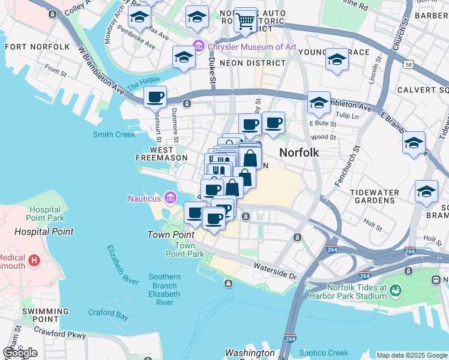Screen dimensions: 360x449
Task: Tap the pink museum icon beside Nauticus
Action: click(170, 198)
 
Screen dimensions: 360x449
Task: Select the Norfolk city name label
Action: click(298, 152)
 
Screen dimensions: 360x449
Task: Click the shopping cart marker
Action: click(245, 21)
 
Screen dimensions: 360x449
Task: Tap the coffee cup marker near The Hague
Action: click(155, 96)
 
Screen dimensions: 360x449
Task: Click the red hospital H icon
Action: click(34, 260)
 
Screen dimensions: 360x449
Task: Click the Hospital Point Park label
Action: click(46, 214)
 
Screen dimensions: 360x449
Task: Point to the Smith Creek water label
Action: click(114, 134)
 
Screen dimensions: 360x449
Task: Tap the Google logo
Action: click(20, 353)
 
